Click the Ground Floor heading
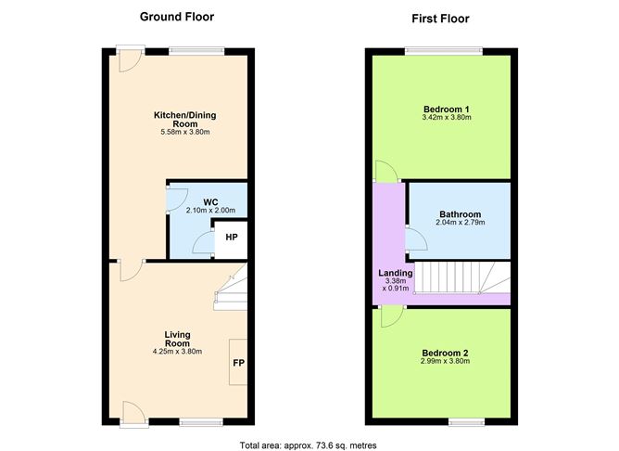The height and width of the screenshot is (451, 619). tap(177, 17)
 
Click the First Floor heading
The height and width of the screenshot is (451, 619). tap(440, 19)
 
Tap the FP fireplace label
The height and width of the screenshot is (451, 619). tap(238, 363)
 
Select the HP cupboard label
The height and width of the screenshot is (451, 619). tap(232, 238)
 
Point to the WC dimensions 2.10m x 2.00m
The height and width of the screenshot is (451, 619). tap(210, 211)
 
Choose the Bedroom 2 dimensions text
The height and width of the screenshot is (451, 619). tap(446, 361)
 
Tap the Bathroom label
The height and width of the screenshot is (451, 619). tap(461, 214)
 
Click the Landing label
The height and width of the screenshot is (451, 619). tap(396, 273)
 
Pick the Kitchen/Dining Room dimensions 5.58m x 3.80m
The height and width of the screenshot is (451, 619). tap(185, 132)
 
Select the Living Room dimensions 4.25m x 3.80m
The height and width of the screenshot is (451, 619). tap(177, 352)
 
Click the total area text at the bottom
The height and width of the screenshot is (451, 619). tap(308, 445)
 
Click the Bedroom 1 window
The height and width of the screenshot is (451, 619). tap(444, 51)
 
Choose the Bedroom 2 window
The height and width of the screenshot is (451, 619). tap(467, 422)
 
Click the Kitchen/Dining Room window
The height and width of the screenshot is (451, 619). tap(196, 51)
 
